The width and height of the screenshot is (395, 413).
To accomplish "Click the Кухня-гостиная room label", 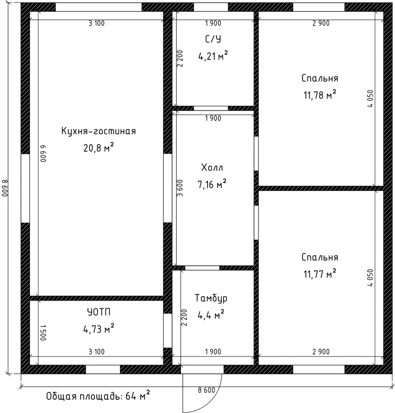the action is [x=99, y=131].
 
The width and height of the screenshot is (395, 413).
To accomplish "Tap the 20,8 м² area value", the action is [x=99, y=148].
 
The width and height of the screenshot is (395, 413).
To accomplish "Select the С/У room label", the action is [x=213, y=39].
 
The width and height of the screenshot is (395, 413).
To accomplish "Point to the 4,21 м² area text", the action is [x=213, y=55].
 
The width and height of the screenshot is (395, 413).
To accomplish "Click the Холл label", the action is [x=212, y=167].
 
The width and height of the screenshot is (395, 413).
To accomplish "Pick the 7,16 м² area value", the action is [x=212, y=184].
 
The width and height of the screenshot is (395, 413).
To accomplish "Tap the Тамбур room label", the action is [x=211, y=298].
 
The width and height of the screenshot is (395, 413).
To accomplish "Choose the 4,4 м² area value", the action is [x=211, y=314].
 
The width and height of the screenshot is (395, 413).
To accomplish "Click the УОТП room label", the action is [x=99, y=312].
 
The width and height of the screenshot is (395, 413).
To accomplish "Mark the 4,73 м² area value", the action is [x=99, y=329].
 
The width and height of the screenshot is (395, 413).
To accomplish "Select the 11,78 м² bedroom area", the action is [x=320, y=94].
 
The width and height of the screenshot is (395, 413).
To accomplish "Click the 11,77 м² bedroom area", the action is [x=320, y=274].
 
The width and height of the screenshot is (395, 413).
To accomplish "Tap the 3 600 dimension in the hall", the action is [x=180, y=188].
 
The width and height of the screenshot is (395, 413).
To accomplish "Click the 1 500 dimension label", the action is [x=43, y=333].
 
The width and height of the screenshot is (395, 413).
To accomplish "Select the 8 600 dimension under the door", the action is [x=207, y=390].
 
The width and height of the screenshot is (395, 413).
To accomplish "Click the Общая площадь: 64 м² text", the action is [x=98, y=396].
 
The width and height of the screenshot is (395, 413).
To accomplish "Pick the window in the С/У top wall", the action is [x=211, y=7].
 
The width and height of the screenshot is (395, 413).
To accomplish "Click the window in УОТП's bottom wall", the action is [x=103, y=369].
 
